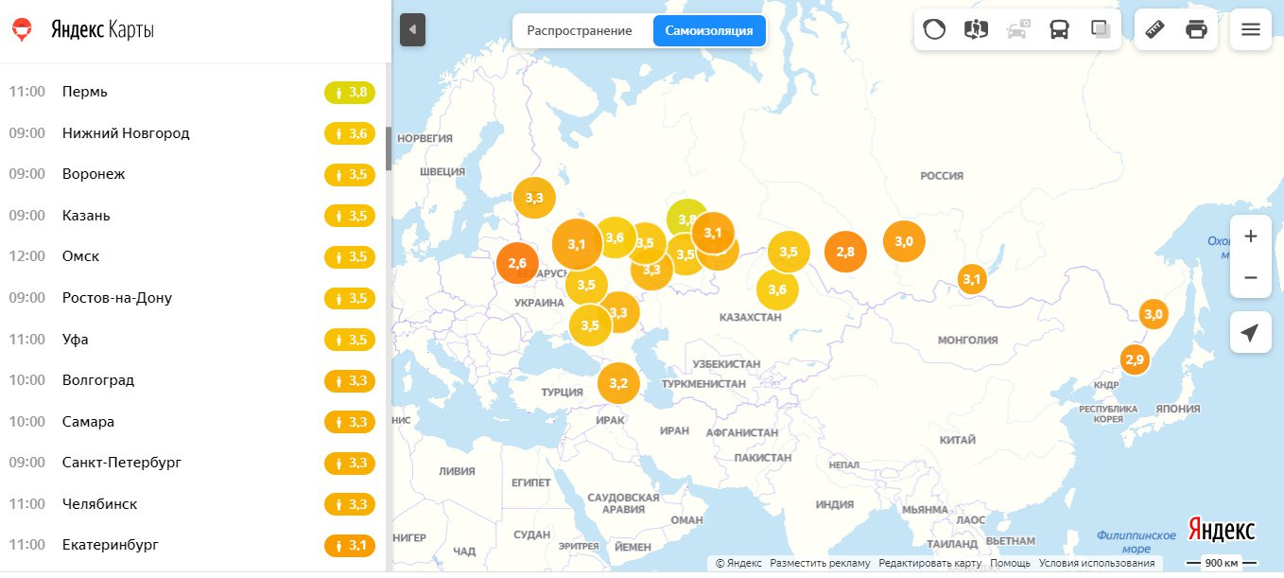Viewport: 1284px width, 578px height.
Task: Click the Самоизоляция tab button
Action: [x=709, y=30]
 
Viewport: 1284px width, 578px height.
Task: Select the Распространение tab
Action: [x=580, y=30]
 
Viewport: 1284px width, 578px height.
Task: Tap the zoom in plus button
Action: [x=1250, y=236]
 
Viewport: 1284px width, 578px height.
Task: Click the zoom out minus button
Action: [x=1250, y=278]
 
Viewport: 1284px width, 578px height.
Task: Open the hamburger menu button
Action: [x=1250, y=29]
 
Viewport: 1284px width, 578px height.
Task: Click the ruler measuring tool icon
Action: [x=1154, y=29]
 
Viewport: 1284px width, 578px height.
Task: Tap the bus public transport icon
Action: [x=1059, y=29]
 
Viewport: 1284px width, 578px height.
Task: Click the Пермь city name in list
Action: [x=85, y=92]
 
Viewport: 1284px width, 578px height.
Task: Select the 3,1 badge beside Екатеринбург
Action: [x=350, y=545]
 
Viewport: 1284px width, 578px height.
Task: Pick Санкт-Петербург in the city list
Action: [x=121, y=463]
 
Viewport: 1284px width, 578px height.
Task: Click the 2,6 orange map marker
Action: [x=517, y=263]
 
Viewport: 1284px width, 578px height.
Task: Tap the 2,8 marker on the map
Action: [x=845, y=252]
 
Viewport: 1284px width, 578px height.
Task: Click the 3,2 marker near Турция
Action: [x=618, y=383]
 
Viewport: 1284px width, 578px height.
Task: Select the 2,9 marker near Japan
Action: [x=1135, y=359]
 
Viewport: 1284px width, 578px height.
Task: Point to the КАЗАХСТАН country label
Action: [x=750, y=317]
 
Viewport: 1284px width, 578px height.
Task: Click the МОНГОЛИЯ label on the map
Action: [x=967, y=341]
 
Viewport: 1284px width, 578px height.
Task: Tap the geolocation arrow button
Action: [x=1250, y=333]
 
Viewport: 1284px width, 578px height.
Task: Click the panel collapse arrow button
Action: [x=412, y=29]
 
